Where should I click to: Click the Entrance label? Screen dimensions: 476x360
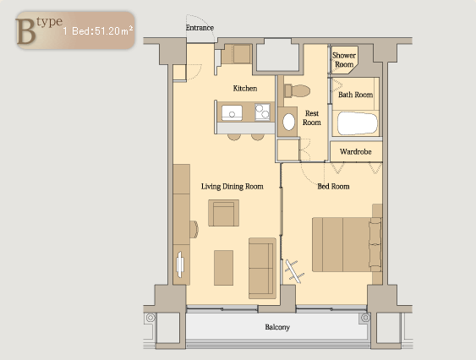(x=200, y=28)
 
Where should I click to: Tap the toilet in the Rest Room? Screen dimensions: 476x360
(x=297, y=90)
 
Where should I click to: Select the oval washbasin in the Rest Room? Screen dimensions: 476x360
(x=288, y=122)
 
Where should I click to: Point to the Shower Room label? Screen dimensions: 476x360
(x=344, y=60)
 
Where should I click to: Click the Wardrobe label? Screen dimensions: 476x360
(x=355, y=151)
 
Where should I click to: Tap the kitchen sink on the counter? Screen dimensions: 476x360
(x=232, y=112)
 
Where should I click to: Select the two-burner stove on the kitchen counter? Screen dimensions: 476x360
(x=262, y=112)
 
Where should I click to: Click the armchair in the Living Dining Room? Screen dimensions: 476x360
(x=223, y=213)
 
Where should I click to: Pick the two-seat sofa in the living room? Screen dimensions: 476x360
(x=262, y=269)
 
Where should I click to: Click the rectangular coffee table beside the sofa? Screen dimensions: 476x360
(x=223, y=268)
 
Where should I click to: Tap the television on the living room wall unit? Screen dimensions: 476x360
(x=180, y=264)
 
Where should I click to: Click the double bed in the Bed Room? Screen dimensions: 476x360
(x=347, y=244)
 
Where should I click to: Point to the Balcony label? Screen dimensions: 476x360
(x=277, y=327)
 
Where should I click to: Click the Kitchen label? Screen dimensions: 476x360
(x=245, y=89)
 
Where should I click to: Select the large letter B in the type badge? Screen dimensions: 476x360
(x=26, y=31)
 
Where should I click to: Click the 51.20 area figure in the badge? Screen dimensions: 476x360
(x=107, y=31)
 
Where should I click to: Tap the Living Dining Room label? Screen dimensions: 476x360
(x=233, y=187)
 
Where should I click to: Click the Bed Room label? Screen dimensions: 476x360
(x=333, y=187)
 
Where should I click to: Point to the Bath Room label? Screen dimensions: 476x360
(x=355, y=95)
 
